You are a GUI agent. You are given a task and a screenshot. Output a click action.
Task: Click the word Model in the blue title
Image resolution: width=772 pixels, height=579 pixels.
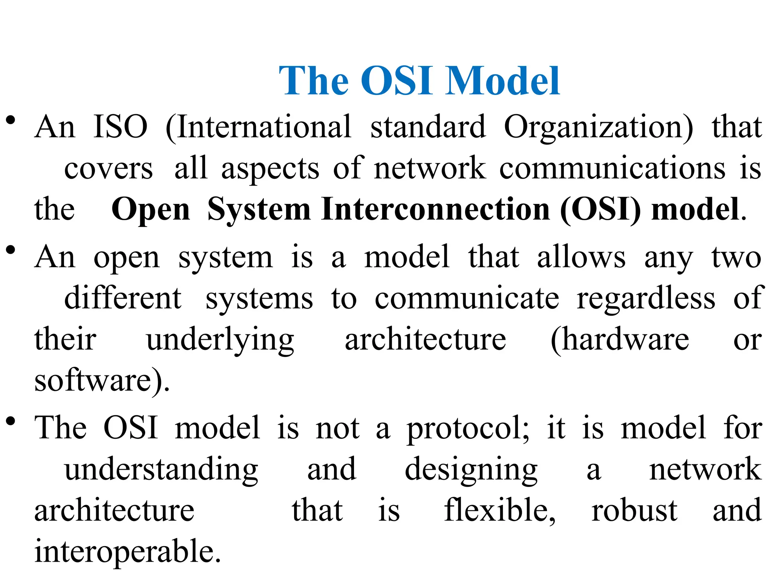click(502, 81)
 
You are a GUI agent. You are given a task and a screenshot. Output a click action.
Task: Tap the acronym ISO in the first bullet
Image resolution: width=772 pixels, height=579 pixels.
click(120, 127)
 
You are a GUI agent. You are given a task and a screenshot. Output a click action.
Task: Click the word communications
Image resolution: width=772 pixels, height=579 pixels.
click(612, 168)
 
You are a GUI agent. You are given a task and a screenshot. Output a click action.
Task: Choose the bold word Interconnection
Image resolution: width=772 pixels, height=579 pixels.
click(436, 209)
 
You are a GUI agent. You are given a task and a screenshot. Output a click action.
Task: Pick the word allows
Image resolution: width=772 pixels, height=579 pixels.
click(581, 257)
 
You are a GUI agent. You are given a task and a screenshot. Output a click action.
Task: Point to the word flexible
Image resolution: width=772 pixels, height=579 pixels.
click(499, 511)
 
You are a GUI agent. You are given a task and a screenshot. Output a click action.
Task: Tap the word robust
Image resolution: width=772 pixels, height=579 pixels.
click(634, 511)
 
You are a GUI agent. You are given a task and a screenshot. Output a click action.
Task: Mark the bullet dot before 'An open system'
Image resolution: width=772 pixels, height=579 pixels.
click(11, 250)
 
